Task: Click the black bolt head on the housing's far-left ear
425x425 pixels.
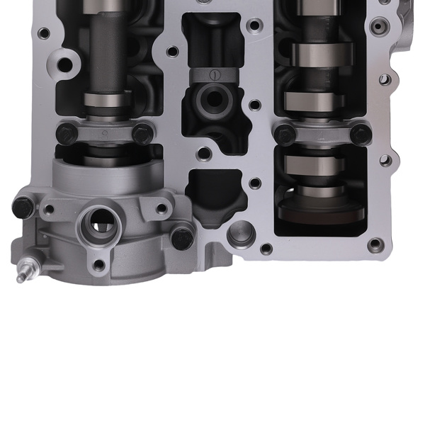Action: [x=23, y=207]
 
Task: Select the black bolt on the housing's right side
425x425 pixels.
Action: [x=182, y=237]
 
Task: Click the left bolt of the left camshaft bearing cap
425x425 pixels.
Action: [x=65, y=132]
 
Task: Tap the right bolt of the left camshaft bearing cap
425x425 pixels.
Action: [x=142, y=132]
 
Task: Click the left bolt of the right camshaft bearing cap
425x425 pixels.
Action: [x=285, y=133]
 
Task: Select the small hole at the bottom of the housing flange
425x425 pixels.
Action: [x=99, y=265]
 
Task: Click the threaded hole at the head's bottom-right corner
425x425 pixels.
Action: [x=375, y=245]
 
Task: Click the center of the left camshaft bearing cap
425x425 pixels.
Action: [x=104, y=132]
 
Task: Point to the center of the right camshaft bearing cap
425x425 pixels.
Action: [x=323, y=133]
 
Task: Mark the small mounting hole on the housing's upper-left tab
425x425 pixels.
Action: [x=50, y=210]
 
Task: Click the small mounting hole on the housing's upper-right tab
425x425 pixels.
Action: [x=161, y=208]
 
